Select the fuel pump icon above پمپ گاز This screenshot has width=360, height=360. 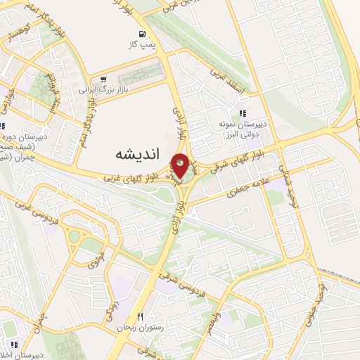pos(143,34)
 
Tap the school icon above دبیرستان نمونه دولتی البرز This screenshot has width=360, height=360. pos(242,113)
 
